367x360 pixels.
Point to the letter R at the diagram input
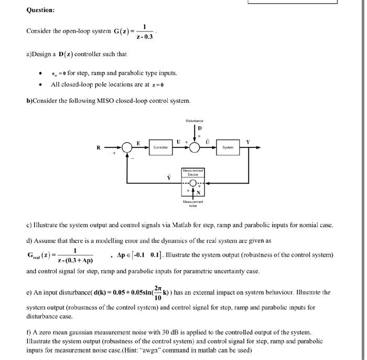pyautogui.click(x=98, y=148)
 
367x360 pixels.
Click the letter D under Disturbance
pyautogui.click(x=199, y=129)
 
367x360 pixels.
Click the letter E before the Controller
pyautogui.click(x=138, y=142)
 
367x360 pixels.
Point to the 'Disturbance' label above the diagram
pyautogui.click(x=194, y=121)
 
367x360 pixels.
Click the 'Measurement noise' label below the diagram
pyautogui.click(x=193, y=203)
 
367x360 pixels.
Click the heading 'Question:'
pyautogui.click(x=40, y=10)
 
